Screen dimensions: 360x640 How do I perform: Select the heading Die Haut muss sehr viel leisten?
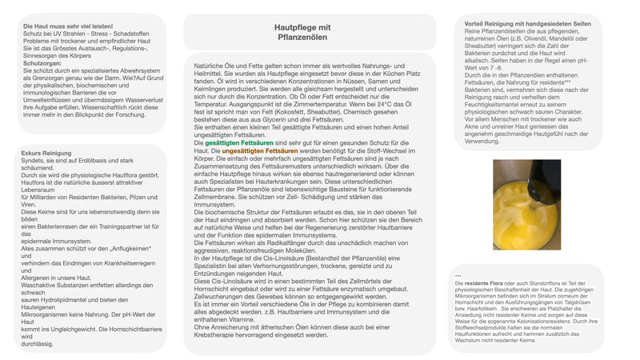68,26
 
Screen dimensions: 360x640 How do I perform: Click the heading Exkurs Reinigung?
47,152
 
